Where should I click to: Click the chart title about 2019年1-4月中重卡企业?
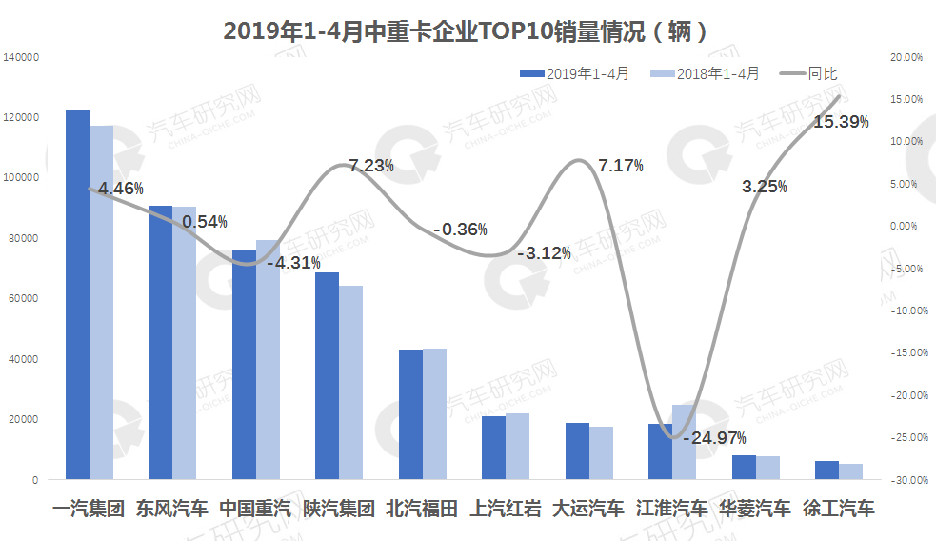coord(467,31)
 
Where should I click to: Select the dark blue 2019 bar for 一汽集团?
coord(77,295)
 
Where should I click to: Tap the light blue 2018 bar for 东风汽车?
coord(184,343)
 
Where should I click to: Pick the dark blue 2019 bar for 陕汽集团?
coord(327,376)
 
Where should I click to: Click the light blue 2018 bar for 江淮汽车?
coord(684,442)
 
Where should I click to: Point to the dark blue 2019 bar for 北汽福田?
coord(410,414)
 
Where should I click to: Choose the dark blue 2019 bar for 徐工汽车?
coord(826,470)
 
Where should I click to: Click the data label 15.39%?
coord(841,122)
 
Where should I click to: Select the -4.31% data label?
coord(292,262)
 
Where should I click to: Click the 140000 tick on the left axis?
coord(20,57)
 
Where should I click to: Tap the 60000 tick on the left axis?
coord(23,298)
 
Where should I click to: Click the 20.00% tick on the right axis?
coord(907,57)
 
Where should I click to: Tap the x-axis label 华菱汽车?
coord(755,508)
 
